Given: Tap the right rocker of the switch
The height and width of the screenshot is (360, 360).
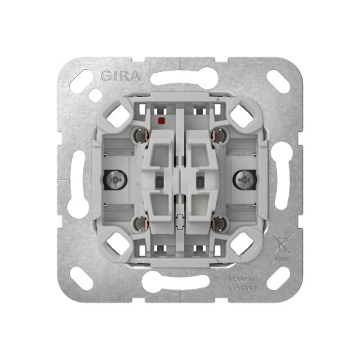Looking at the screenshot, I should point(201,181).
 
